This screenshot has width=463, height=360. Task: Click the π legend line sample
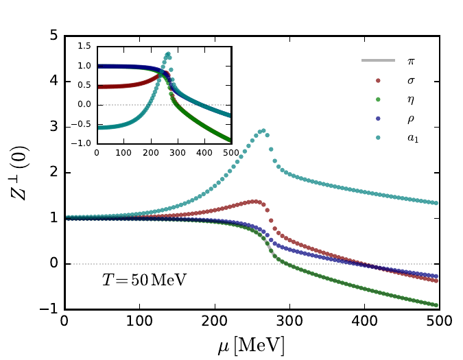(x=379, y=60)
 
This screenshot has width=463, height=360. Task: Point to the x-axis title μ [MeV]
(x=252, y=344)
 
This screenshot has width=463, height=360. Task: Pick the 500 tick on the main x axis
(x=439, y=321)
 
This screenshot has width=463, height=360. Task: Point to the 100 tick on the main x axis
(x=139, y=321)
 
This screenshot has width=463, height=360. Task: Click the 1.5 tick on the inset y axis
(x=84, y=47)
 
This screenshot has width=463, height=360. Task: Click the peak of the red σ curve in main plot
(x=254, y=201)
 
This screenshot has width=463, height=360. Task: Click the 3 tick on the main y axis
(x=54, y=128)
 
